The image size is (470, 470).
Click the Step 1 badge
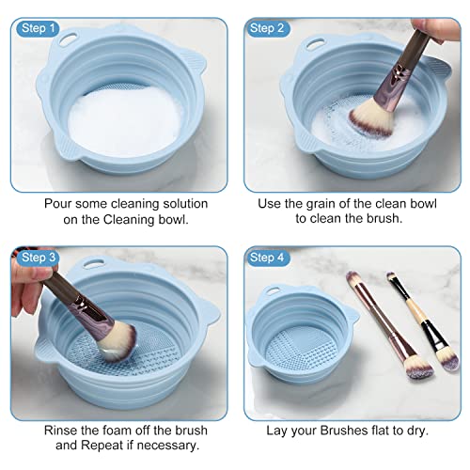click(x=38, y=28)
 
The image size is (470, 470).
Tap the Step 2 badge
click(x=266, y=28)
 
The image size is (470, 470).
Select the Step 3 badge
click(x=38, y=258)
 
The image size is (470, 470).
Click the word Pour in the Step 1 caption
click(x=59, y=203)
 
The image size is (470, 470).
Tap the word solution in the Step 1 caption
click(x=184, y=203)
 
